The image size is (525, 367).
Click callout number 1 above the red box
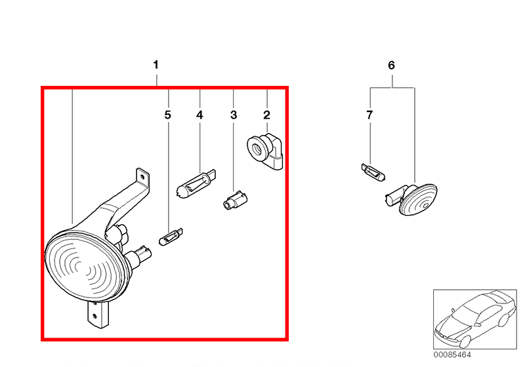pyautogui.click(x=156, y=65)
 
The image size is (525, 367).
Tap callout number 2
pyautogui.click(x=267, y=115)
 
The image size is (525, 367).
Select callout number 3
pyautogui.click(x=234, y=115)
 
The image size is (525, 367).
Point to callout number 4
pyautogui.click(x=199, y=115)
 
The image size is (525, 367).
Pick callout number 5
pyautogui.click(x=168, y=115)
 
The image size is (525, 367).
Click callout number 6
pyautogui.click(x=391, y=65)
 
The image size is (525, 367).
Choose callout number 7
pyautogui.click(x=369, y=115)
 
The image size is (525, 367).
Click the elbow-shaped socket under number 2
pyautogui.click(x=265, y=151)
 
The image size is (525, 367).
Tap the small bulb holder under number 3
pyautogui.click(x=235, y=201)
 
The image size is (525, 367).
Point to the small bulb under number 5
pyautogui.click(x=171, y=237)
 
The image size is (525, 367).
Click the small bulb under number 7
pyautogui.click(x=373, y=172)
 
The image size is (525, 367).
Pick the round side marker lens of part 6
pyautogui.click(x=419, y=199)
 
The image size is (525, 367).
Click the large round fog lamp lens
pyautogui.click(x=87, y=265)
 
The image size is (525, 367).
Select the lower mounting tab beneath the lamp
pyautogui.click(x=98, y=314)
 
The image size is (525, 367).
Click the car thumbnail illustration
pyautogui.click(x=474, y=319)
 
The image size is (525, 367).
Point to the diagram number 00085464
pyautogui.click(x=452, y=355)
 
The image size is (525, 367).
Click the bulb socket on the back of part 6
pyautogui.click(x=394, y=197)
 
